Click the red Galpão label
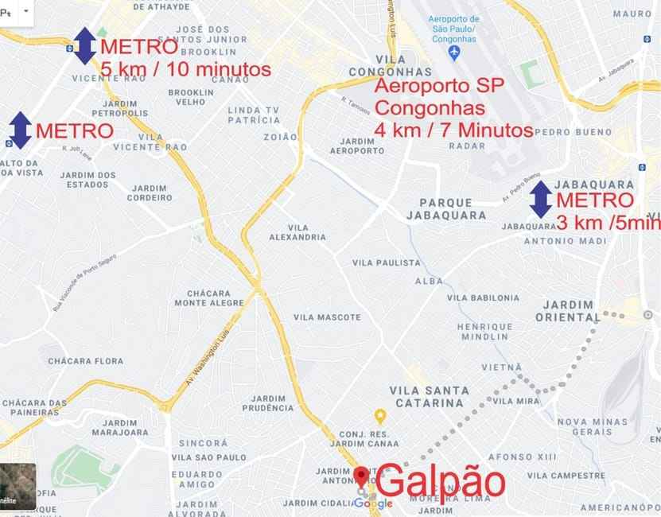coord(440,482)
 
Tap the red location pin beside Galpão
coord(362,476)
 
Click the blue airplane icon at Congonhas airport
coord(454,52)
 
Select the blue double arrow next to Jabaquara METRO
coord(541,200)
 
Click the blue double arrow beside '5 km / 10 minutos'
coord(84,45)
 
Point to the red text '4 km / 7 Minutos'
coord(453,130)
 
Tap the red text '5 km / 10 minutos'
coord(185,69)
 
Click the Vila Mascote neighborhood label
coord(327,317)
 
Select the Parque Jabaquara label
coord(445,208)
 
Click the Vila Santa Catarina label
coord(426,396)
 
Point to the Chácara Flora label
coord(86,361)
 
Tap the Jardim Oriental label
coord(568,310)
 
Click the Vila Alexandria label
coord(297,232)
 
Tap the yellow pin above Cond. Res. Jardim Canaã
coord(380,415)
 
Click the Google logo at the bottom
coord(374,503)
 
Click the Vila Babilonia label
coord(483,298)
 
